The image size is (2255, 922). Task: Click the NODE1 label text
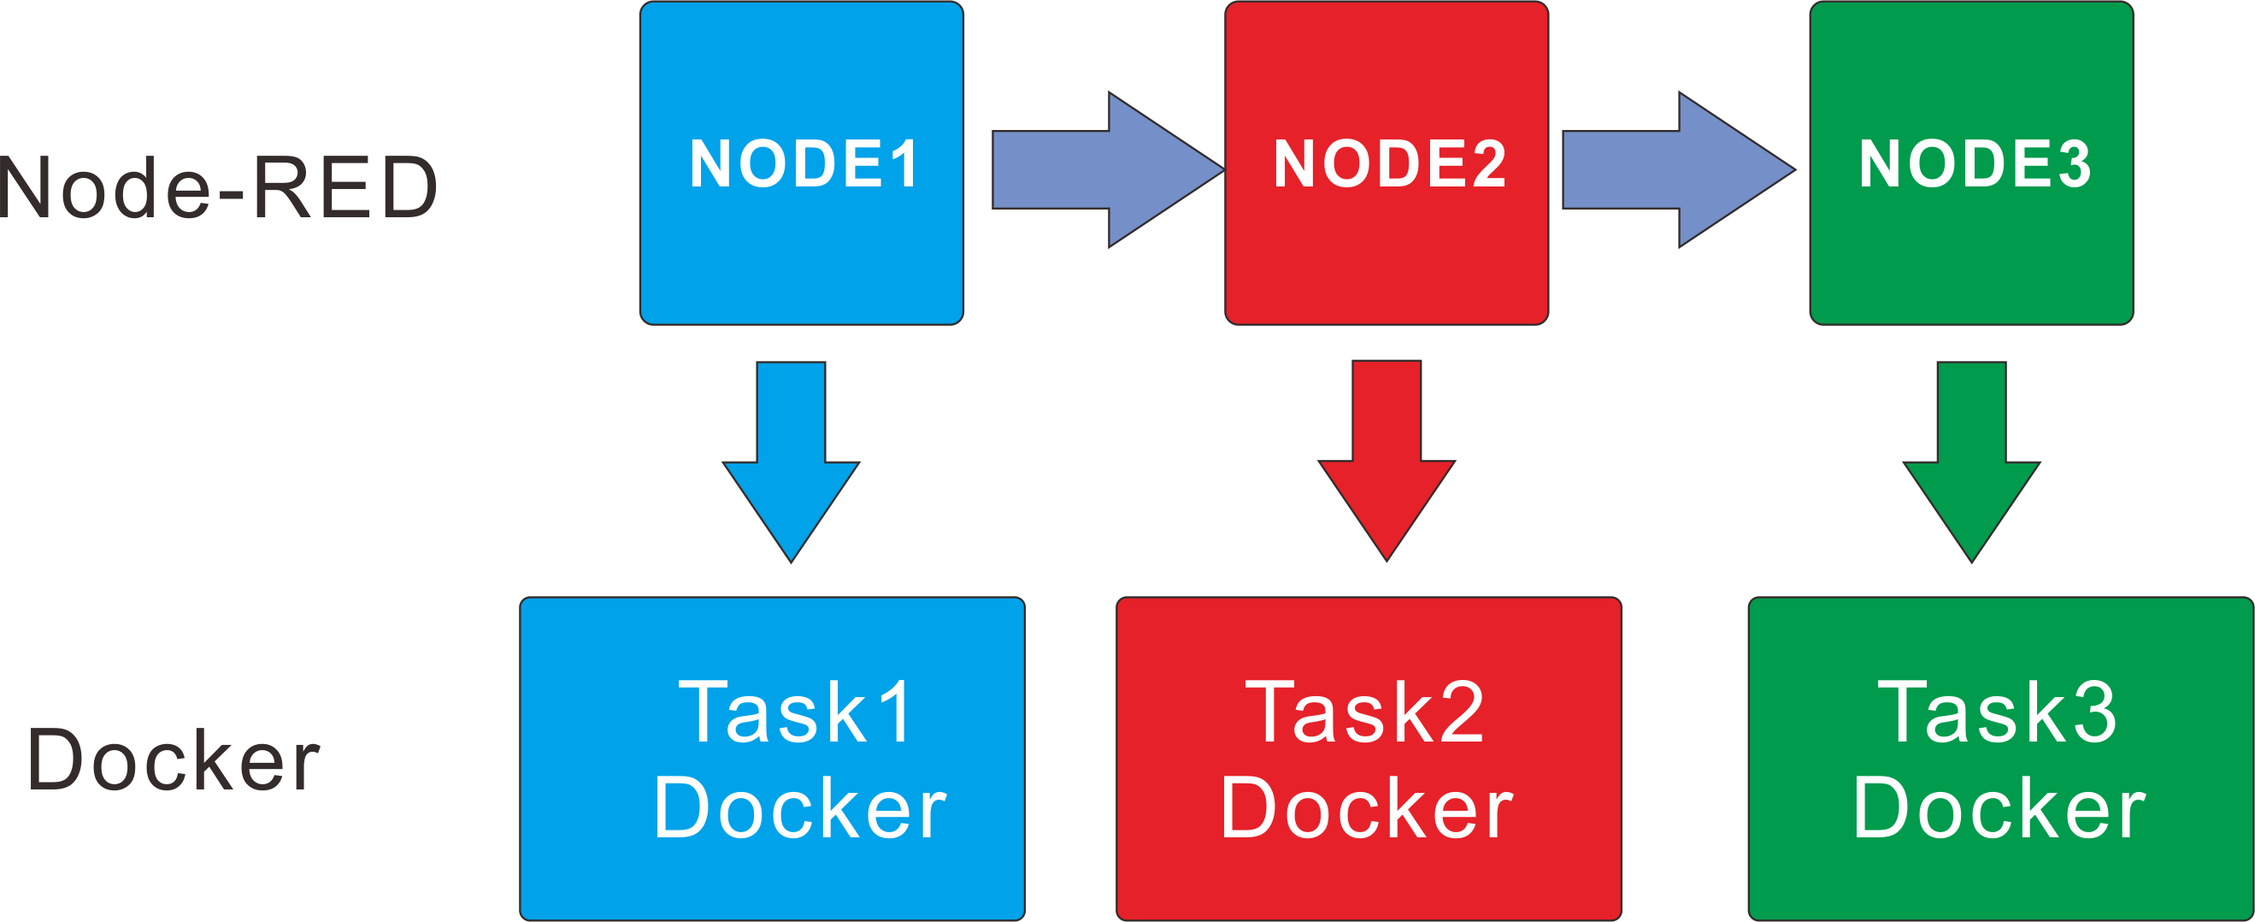click(x=803, y=163)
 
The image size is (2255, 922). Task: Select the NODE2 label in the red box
click(x=1389, y=163)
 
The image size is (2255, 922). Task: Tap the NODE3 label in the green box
click(x=1975, y=163)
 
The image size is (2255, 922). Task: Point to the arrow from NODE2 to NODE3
click(x=1676, y=169)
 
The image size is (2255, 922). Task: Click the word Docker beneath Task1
click(x=799, y=807)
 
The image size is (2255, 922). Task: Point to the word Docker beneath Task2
click(x=1366, y=807)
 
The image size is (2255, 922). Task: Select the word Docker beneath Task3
click(x=1999, y=807)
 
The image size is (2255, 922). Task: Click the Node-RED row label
click(x=217, y=186)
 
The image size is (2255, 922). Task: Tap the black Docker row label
click(x=174, y=759)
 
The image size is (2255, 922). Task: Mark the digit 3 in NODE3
click(x=2075, y=163)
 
